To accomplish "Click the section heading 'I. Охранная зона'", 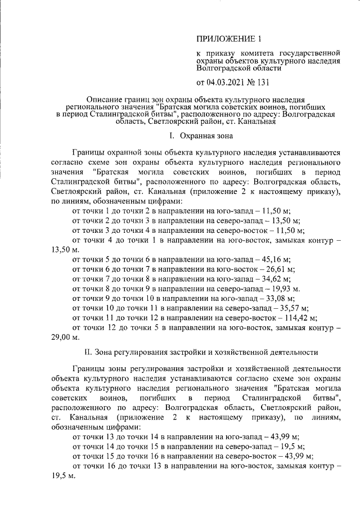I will pyautogui.click(x=200, y=136).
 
